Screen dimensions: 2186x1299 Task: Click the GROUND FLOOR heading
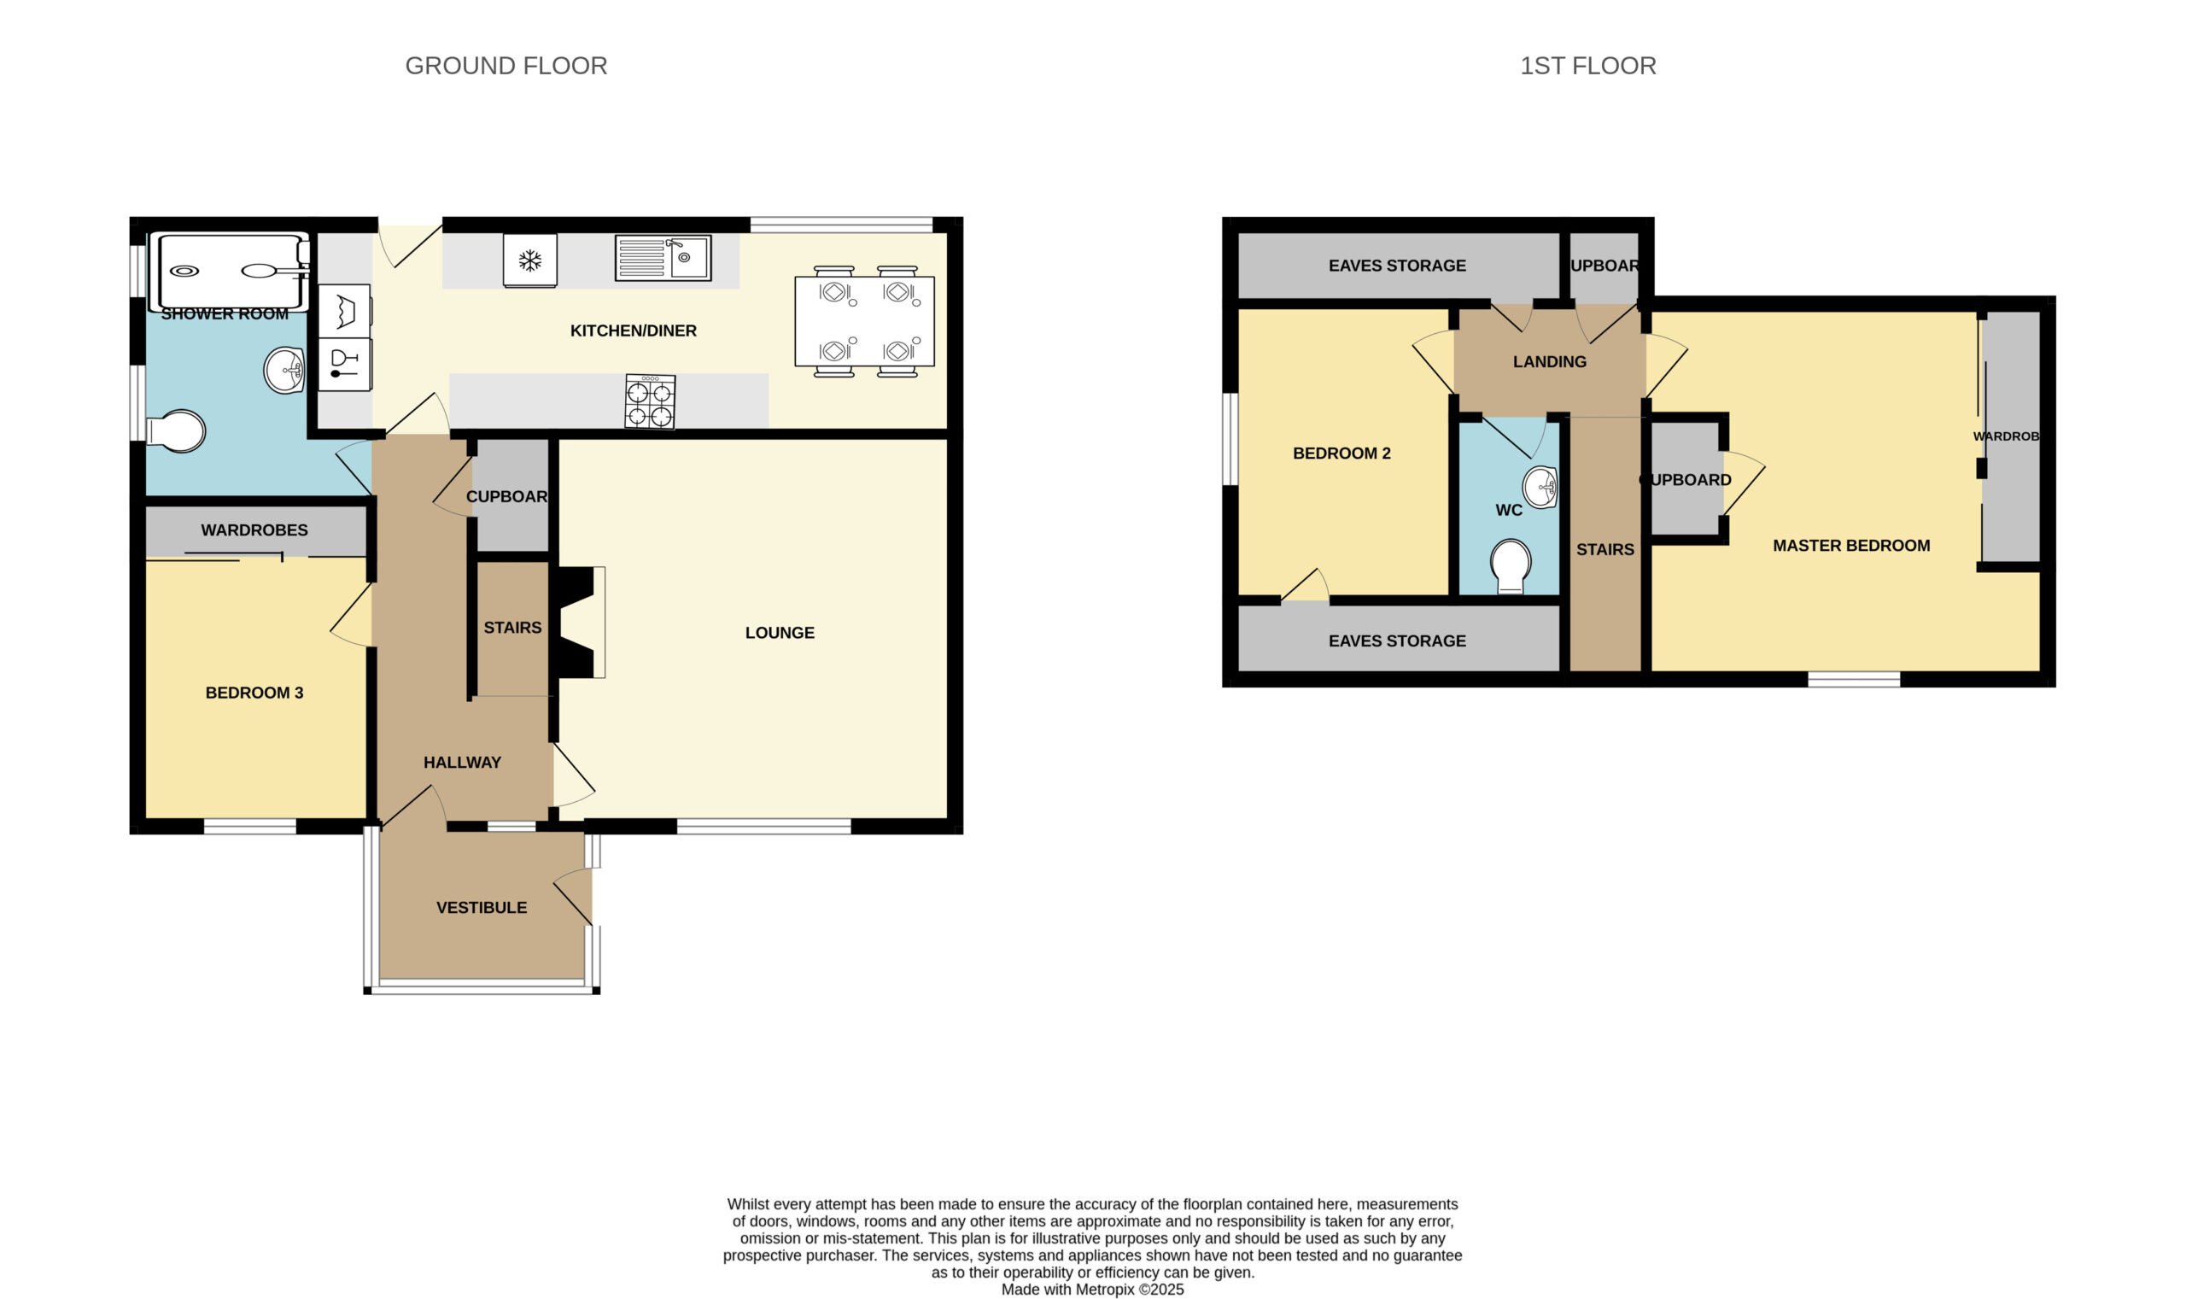click(506, 66)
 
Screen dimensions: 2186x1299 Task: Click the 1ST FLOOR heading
click(1587, 66)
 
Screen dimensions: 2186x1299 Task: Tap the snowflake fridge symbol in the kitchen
click(529, 260)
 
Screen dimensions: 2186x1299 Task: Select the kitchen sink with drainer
click(663, 257)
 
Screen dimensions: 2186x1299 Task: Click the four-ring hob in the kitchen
click(650, 401)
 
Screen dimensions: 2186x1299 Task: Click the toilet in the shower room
click(176, 431)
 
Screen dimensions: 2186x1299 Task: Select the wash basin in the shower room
click(284, 371)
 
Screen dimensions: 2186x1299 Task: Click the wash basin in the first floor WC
click(1540, 488)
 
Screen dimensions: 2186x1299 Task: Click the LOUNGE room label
click(780, 633)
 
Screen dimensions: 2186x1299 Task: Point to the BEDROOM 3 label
click(254, 693)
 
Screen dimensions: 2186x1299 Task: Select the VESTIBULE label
click(482, 908)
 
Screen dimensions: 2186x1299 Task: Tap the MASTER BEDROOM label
click(1852, 547)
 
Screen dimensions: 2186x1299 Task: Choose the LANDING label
click(1550, 361)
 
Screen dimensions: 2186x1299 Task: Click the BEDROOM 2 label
click(1341, 453)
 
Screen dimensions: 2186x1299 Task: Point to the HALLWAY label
click(462, 763)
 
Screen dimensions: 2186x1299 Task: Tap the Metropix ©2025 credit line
click(1092, 1290)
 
